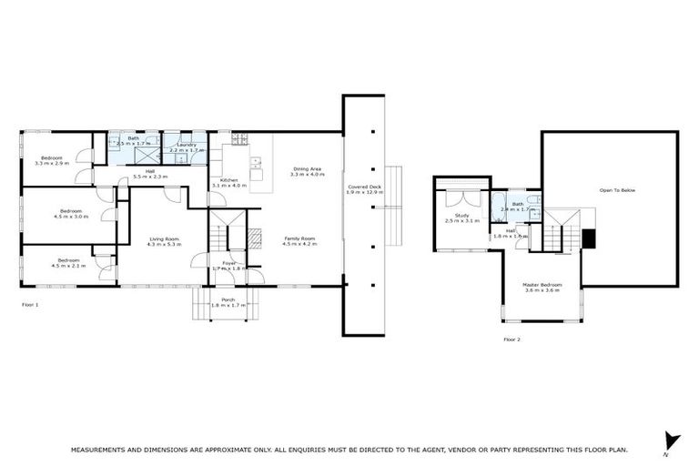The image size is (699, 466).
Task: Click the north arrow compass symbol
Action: point(672,441)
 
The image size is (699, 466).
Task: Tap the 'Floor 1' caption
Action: point(30,304)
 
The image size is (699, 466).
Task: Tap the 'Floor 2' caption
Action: point(512,339)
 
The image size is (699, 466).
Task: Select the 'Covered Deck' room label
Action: point(364,187)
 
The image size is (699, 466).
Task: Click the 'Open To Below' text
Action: point(617,190)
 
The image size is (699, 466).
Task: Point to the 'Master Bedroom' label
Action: point(542,284)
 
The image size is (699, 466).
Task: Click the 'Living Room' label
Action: point(165,238)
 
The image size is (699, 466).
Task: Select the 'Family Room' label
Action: point(298,238)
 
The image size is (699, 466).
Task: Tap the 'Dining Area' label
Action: point(307,168)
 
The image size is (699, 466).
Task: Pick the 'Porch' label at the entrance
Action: point(228,299)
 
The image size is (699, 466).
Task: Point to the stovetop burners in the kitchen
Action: point(239,139)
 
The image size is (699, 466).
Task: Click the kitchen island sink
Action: point(256,165)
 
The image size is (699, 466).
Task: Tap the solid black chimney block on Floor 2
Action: point(588,238)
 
